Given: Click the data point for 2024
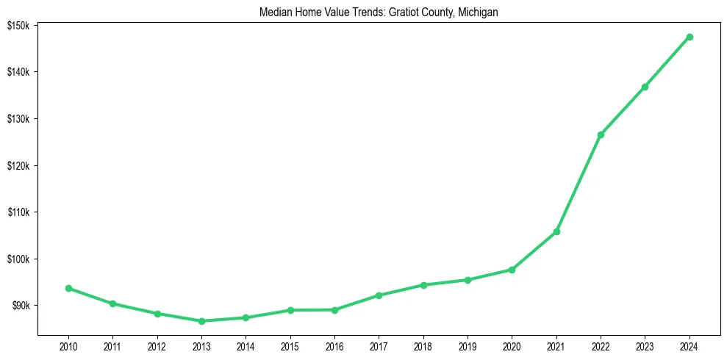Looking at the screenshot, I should (690, 37).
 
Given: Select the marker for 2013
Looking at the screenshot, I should (201, 321).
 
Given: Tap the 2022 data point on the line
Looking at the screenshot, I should (601, 134).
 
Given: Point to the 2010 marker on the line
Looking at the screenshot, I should (68, 288).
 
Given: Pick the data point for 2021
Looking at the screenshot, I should (556, 231).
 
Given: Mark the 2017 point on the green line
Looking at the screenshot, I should (379, 295).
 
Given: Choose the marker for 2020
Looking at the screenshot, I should (512, 270).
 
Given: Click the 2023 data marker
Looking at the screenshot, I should (645, 87).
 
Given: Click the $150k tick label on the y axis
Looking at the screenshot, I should (18, 26).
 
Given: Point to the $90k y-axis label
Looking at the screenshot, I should (19, 306).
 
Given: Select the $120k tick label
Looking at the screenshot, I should (18, 165).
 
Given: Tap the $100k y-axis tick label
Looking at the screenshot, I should (18, 259).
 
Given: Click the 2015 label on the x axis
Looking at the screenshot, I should (290, 346).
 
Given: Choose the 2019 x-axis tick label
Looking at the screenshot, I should (468, 346).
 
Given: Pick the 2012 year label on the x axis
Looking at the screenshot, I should (157, 346).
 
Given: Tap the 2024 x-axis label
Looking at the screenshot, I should (690, 346).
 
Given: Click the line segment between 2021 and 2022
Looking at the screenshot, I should (579, 183).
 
